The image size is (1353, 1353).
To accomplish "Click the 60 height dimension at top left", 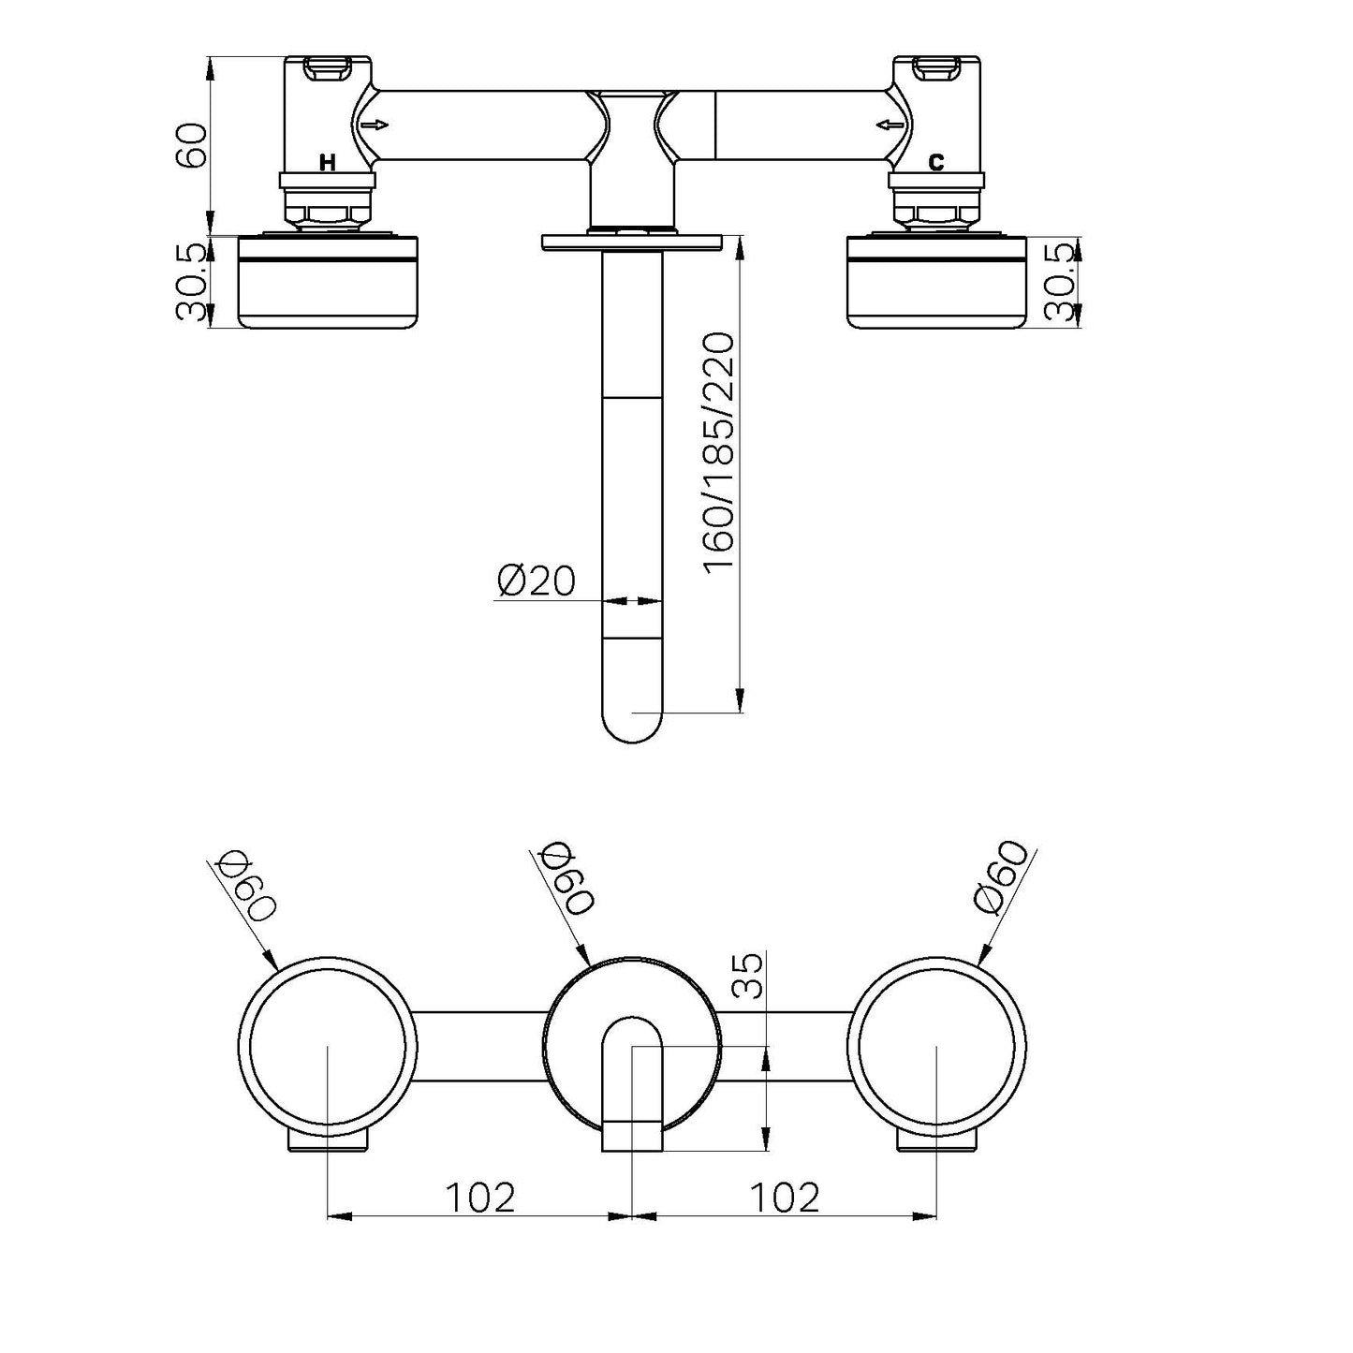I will tap(191, 144).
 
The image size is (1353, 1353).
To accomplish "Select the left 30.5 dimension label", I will tap(191, 282).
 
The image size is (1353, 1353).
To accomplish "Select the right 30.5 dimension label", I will tap(1059, 282).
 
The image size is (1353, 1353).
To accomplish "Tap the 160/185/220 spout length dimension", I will tap(719, 453).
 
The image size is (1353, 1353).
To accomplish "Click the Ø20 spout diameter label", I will tap(536, 581).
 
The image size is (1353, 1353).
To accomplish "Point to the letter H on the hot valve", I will tap(327, 163).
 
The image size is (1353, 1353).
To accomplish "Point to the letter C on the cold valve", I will tap(935, 163).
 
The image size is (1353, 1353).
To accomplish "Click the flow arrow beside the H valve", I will tap(375, 125).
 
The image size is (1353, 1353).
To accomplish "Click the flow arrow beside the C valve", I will tap(887, 125).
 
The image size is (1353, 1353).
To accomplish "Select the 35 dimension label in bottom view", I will tap(748, 977).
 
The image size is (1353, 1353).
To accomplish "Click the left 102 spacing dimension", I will tap(479, 1196).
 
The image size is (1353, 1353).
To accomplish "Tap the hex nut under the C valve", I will tap(935, 213).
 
